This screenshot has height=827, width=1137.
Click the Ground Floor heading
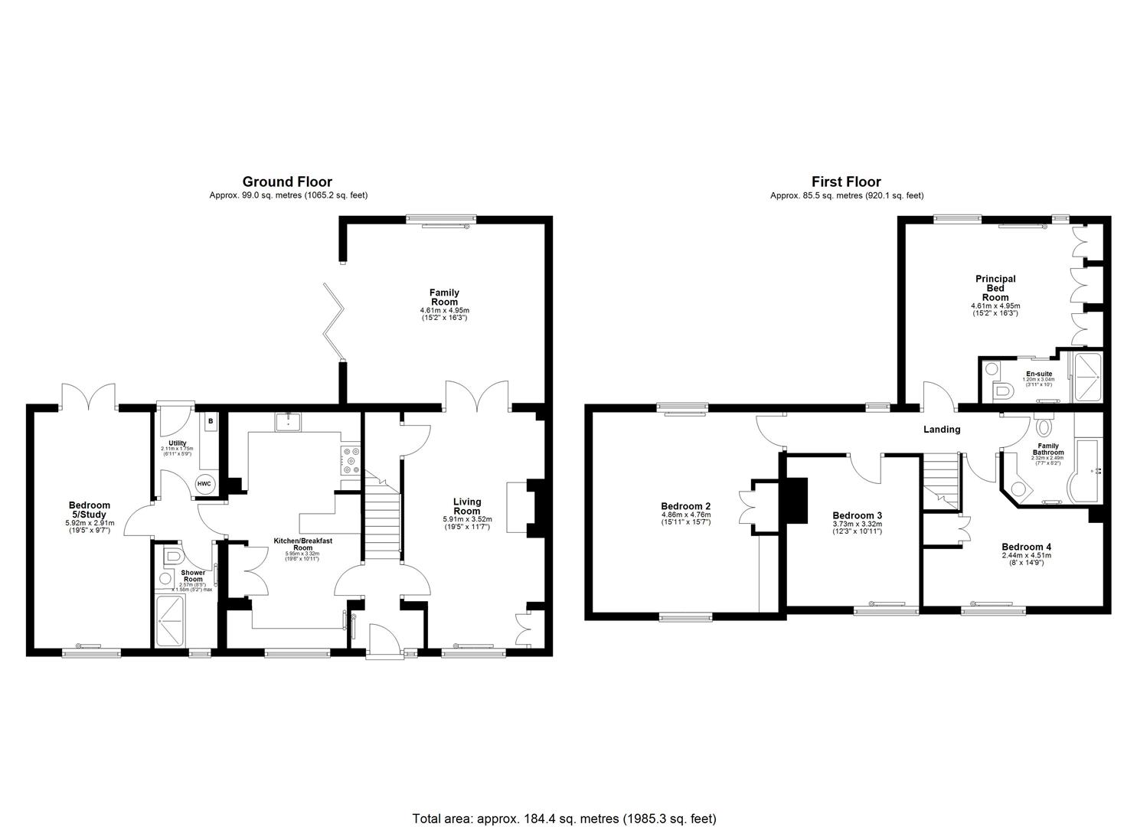pyautogui.click(x=287, y=181)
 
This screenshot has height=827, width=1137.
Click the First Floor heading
pyautogui.click(x=846, y=181)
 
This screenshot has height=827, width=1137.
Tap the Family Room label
pyautogui.click(x=444, y=297)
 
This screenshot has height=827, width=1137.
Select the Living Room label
pyautogui.click(x=466, y=506)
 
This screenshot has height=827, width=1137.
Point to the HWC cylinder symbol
pyautogui.click(x=204, y=484)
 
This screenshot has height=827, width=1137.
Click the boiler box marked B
pyautogui.click(x=211, y=421)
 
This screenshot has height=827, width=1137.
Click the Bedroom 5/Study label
pyautogui.click(x=90, y=510)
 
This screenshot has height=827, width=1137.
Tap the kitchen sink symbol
pyautogui.click(x=289, y=421)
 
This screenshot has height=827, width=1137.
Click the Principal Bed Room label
pyautogui.click(x=995, y=288)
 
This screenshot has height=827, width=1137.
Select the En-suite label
pyautogui.click(x=1038, y=374)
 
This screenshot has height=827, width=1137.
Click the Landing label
pyautogui.click(x=941, y=430)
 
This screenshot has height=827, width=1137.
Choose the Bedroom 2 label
pyautogui.click(x=685, y=506)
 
